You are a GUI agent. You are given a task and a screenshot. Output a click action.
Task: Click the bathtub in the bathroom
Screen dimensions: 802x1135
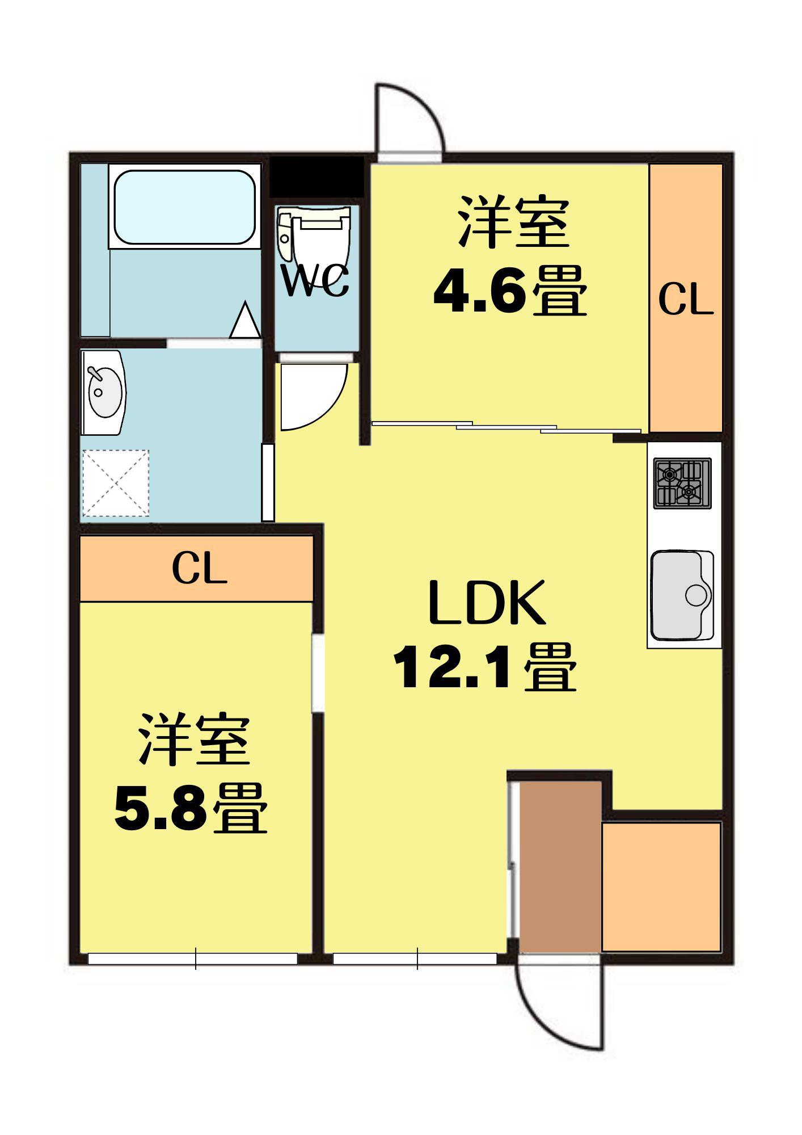coord(184,207)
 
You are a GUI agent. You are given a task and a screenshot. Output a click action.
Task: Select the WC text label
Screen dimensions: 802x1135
coord(315,282)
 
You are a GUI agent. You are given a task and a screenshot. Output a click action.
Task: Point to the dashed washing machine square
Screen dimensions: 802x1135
coord(116,483)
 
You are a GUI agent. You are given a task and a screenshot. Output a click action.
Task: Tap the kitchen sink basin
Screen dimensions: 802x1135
coord(682,594)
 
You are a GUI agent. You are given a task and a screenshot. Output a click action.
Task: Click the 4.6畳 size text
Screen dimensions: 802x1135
coord(509,292)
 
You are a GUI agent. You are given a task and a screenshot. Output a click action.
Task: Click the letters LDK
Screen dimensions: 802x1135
coord(487,603)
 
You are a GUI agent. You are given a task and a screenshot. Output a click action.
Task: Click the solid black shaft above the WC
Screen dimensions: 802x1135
coord(316,176)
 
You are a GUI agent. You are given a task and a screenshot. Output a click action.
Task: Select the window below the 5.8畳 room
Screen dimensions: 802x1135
coord(193,959)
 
